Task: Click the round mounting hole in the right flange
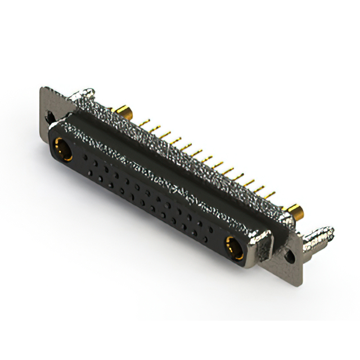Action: pos(290,254)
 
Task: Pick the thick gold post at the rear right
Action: pos(294,212)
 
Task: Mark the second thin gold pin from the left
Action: pos(155,127)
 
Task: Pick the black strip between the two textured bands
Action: pos(169,169)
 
